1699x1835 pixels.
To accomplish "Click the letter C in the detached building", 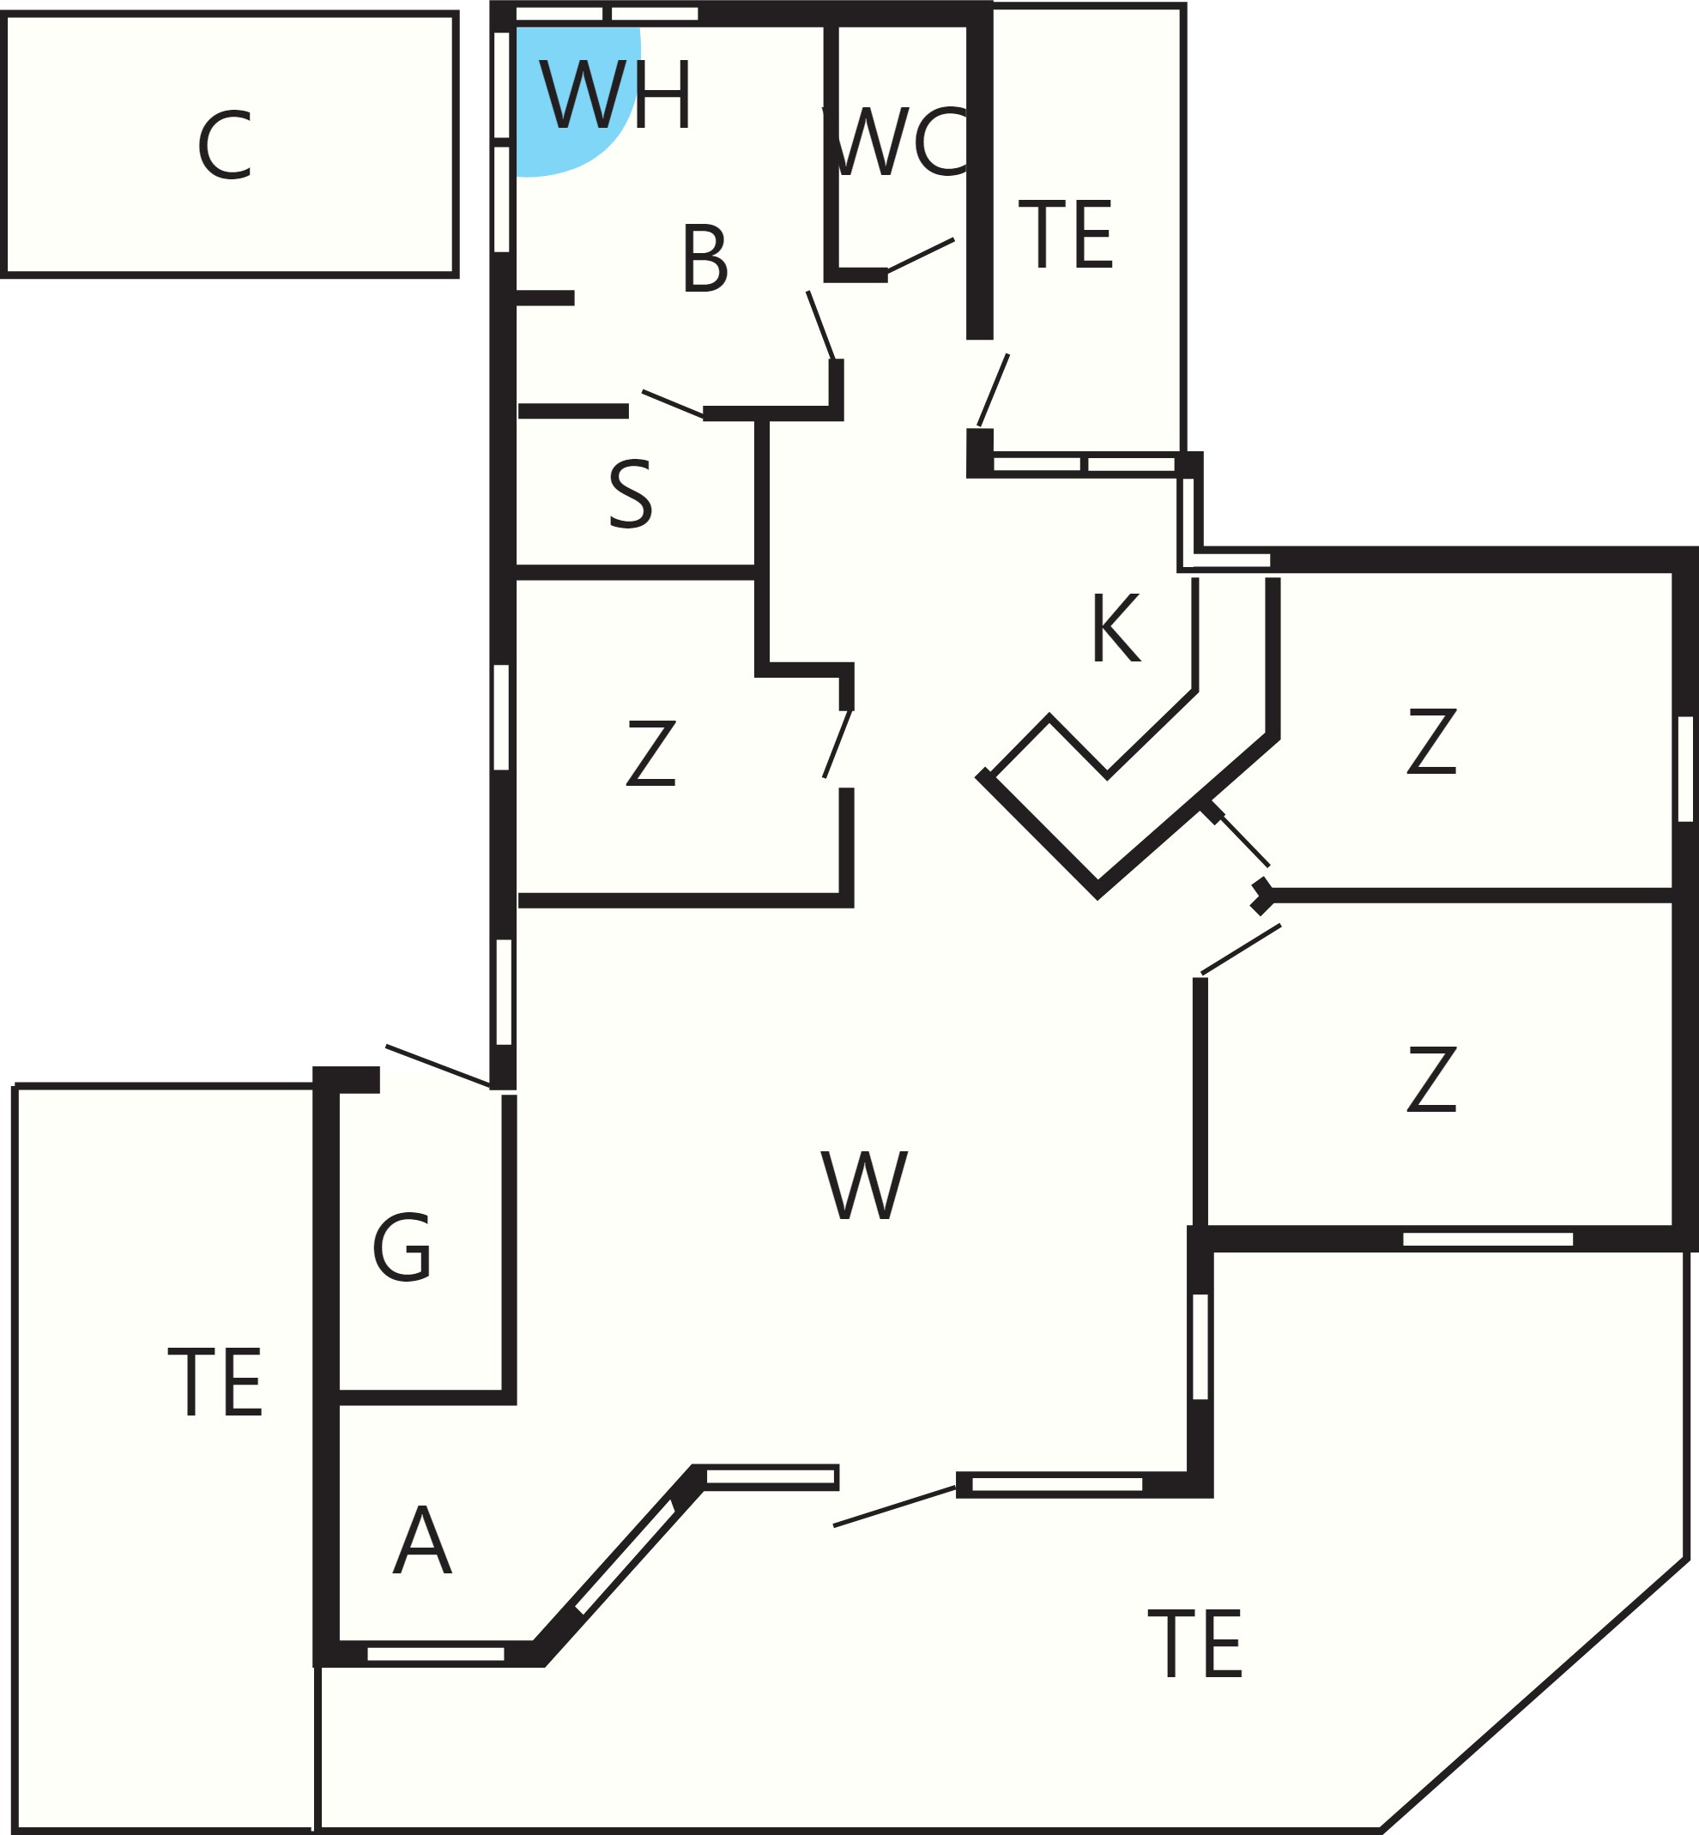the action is (224, 145).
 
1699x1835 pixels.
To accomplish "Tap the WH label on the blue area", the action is (615, 94).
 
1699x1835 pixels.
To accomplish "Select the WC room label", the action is (898, 142).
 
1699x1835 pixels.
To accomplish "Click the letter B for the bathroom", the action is (705, 259).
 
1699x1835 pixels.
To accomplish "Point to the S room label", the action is (631, 495).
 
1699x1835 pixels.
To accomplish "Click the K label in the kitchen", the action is (1117, 628).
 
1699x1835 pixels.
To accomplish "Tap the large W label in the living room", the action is (864, 1186).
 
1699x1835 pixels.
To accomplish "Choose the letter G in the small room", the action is (401, 1247).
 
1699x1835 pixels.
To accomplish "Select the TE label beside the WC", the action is (1066, 234).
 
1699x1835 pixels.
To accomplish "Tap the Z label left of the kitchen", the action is (651, 753).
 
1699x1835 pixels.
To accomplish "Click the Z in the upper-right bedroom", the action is (1431, 741).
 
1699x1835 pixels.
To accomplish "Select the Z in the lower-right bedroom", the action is (1431, 1079).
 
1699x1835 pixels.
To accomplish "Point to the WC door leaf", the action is (920, 256).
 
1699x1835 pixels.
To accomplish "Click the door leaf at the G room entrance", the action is (438, 1065).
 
